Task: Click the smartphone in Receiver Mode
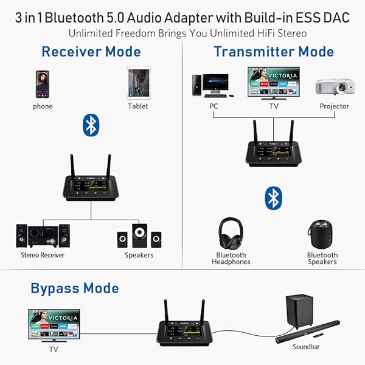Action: point(43,84)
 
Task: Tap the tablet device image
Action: point(139,83)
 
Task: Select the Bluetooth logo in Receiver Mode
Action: point(91,125)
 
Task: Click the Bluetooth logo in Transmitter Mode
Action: point(274,198)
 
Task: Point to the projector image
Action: point(335,86)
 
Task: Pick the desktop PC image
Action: point(212,86)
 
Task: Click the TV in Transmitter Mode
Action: point(274,83)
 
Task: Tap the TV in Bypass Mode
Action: point(54,325)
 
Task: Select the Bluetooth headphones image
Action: point(231,234)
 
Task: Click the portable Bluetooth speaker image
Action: point(321,234)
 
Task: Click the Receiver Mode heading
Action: point(91,52)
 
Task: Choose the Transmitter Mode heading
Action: point(274,52)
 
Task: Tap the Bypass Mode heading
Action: point(75,289)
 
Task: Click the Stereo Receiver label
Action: point(43,255)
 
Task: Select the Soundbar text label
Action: point(306,347)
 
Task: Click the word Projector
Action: point(334,106)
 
